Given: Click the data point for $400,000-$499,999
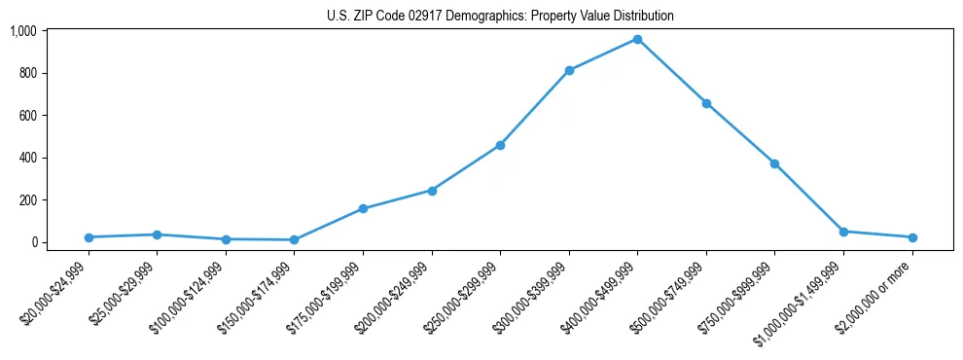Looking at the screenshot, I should pos(637,39).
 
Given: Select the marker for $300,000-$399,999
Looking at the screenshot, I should pos(569,70).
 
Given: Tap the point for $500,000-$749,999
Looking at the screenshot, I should pos(706,103).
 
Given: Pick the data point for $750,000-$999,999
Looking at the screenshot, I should pos(774,163).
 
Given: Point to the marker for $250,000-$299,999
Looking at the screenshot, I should pos(500,145).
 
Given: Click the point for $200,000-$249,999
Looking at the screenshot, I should pos(432,191).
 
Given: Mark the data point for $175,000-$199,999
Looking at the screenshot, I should pos(363,208).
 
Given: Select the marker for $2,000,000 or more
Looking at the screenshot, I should pos(912,237).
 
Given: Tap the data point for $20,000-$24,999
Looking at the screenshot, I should pos(89,237).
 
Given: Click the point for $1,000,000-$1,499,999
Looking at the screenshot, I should pos(843,232).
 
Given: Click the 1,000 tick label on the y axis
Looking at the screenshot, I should pos(22,31).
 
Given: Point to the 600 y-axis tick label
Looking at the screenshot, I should pos(28,116).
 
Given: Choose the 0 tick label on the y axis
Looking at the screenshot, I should pos(34,242).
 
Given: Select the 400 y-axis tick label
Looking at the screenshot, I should pos(28,158).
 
